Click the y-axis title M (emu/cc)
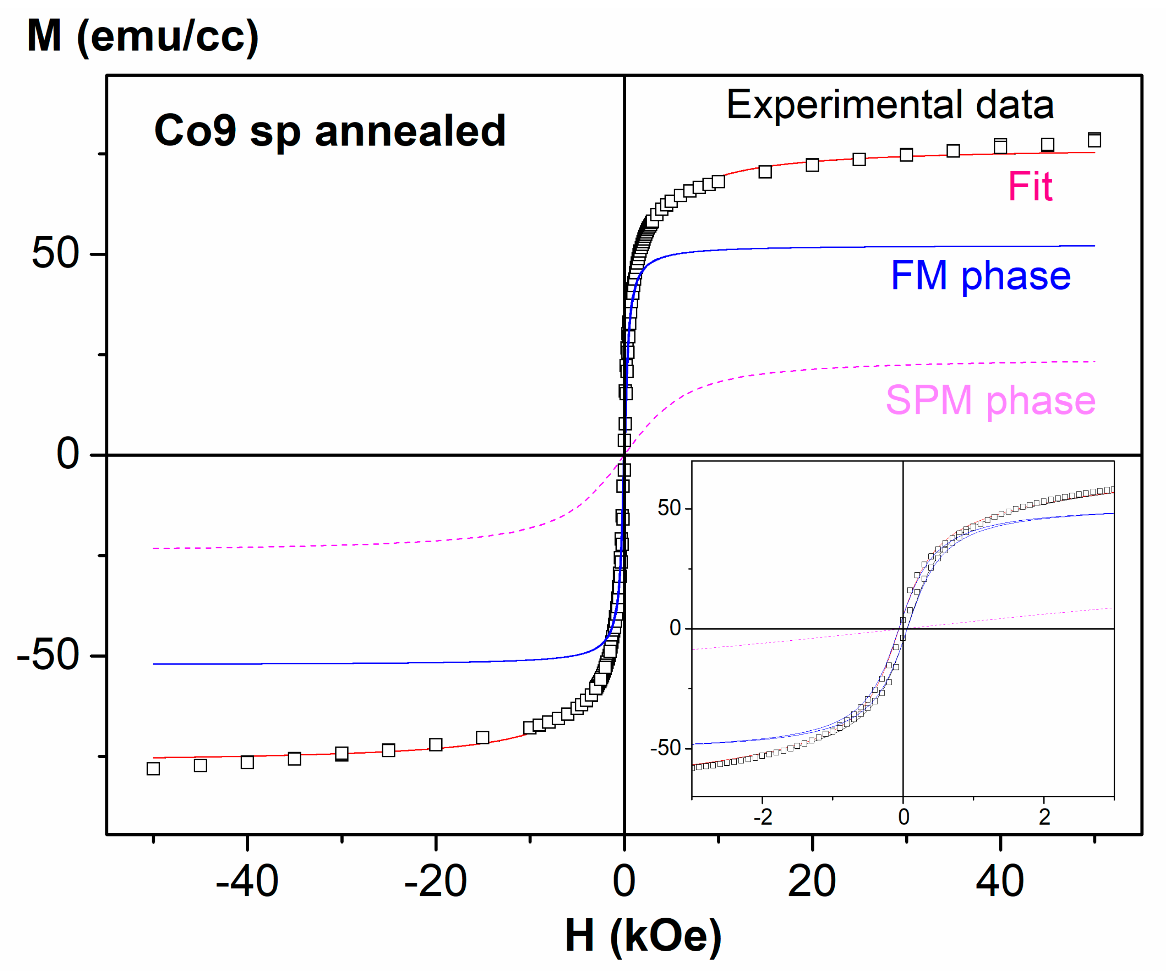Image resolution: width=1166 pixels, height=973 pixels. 143,37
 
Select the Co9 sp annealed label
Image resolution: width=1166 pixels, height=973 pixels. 330,131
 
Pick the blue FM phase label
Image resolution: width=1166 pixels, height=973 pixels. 981,276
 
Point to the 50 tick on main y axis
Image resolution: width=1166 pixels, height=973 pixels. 56,254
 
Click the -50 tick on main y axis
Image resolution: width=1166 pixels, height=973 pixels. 49,655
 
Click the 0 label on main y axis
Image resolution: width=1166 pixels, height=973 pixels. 68,454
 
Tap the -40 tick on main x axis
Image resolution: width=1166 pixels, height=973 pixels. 247,882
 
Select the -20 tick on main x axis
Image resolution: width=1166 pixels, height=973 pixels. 435,882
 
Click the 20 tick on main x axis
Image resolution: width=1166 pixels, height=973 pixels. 812,882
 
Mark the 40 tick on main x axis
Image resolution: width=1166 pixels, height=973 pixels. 1000,882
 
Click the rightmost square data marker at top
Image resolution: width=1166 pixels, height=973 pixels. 1094,140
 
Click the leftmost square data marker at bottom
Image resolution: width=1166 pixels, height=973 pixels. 153,769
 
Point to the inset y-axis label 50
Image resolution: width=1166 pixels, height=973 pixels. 669,508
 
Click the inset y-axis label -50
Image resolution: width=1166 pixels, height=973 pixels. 666,748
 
